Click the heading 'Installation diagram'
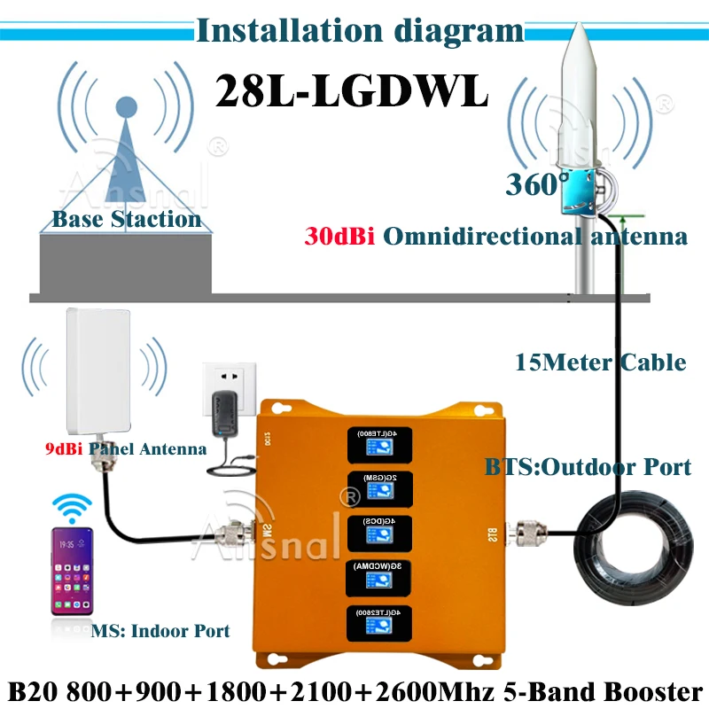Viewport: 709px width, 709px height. click(360, 31)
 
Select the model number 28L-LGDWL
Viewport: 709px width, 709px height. click(352, 91)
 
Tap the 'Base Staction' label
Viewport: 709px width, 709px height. click(126, 219)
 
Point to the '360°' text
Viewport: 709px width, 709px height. click(537, 184)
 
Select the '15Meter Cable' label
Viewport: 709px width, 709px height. click(600, 362)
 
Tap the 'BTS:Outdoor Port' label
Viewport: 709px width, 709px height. click(588, 468)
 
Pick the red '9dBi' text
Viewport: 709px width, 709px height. click(61, 449)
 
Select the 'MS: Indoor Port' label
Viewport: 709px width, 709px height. click(160, 631)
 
